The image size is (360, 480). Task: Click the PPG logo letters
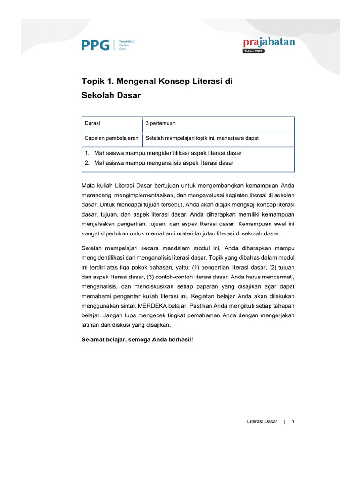[95, 45]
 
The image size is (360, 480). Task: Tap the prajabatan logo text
[269, 43]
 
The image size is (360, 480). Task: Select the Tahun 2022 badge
[254, 52]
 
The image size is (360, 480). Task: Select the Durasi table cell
[92, 124]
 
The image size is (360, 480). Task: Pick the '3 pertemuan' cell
[161, 124]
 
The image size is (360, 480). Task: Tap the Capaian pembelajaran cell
[111, 139]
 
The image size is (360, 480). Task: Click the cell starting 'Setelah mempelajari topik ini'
[202, 139]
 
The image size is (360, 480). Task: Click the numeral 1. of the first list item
[87, 153]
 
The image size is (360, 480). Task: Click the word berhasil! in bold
[180, 339]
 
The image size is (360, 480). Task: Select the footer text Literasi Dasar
[262, 422]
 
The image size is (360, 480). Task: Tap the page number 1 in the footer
[293, 422]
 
